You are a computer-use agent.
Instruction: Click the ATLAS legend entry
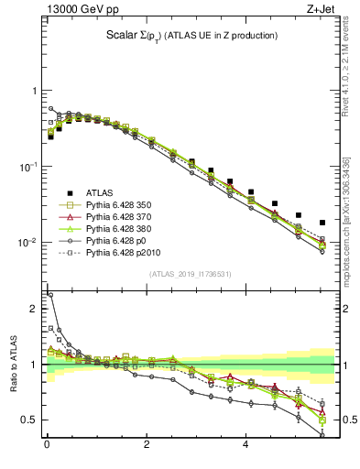click(x=101, y=192)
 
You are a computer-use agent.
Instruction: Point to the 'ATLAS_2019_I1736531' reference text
click(x=191, y=273)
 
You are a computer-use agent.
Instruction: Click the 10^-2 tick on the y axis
click(x=29, y=243)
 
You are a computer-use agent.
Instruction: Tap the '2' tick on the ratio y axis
click(x=34, y=309)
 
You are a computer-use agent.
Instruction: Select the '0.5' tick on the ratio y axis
click(x=30, y=420)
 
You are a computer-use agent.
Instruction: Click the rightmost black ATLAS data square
click(x=322, y=223)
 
